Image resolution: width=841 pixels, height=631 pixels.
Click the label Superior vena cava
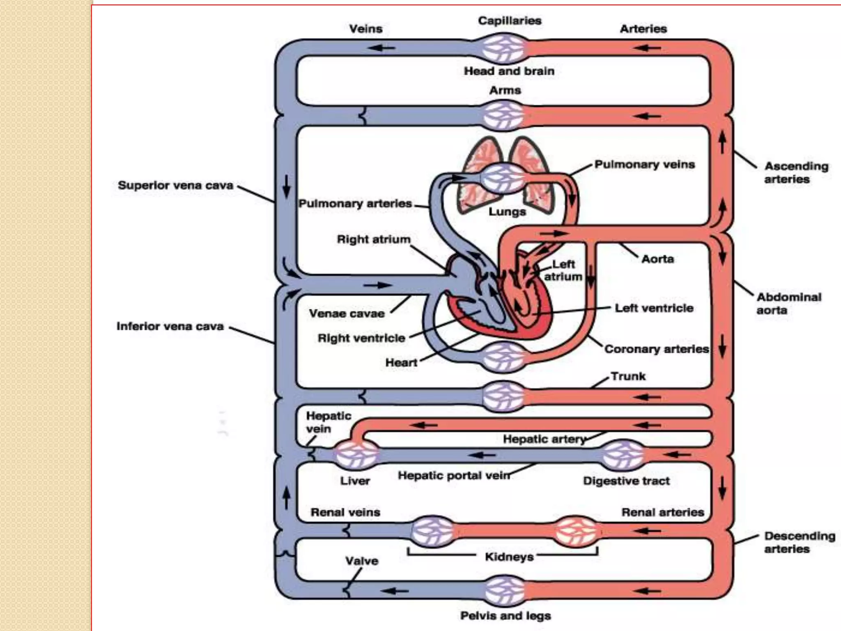[175, 185]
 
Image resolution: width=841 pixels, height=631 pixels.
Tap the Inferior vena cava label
[170, 326]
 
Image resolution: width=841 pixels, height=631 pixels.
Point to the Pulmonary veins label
[644, 164]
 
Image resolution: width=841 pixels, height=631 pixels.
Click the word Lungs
[507, 212]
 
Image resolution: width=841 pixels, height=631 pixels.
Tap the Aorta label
[657, 259]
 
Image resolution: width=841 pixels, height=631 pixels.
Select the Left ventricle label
[654, 308]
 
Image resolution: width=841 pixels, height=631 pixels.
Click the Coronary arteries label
[656, 349]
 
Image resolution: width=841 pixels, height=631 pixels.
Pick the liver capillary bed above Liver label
[356, 454]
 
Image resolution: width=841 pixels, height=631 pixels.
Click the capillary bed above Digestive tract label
[623, 454]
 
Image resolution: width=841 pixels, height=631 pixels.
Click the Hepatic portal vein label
[454, 476]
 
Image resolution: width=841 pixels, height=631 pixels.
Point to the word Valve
[361, 561]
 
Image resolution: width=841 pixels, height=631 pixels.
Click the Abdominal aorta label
[788, 303]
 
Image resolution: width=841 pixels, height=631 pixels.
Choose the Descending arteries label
[799, 542]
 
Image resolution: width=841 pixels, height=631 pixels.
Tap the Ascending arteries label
[796, 173]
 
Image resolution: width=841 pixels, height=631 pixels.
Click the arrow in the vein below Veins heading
[381, 48]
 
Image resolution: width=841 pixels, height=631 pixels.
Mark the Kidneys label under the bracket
[509, 557]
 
